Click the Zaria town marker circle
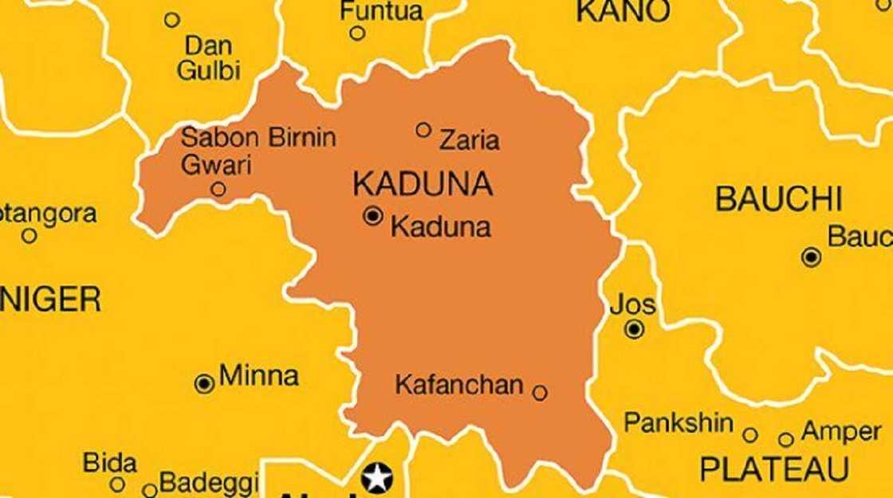click(423, 130)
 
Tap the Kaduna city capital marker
click(372, 215)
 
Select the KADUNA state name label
click(423, 184)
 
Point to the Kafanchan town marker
click(540, 393)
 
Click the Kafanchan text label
click(459, 386)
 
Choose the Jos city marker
click(635, 328)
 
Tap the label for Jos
click(633, 304)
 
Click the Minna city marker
click(204, 384)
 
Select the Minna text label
click(258, 376)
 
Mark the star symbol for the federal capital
click(377, 477)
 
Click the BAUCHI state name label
click(779, 199)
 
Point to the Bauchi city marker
click(812, 257)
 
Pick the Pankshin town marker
click(750, 435)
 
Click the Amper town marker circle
click(786, 440)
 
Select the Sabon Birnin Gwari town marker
click(218, 190)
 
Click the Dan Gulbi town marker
click(172, 20)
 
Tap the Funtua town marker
click(358, 33)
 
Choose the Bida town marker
click(117, 484)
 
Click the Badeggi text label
click(209, 483)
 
